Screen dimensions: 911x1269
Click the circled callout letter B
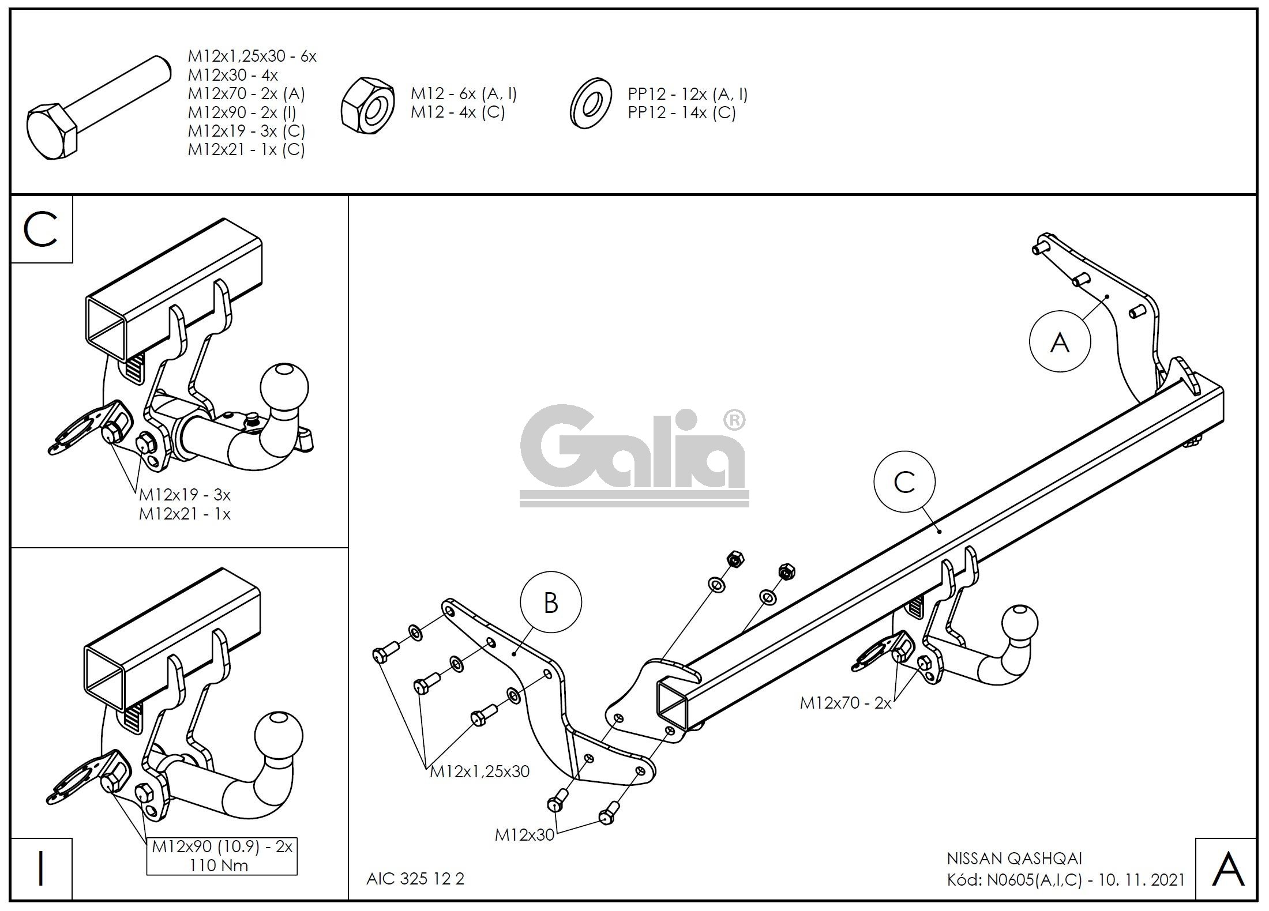(x=551, y=603)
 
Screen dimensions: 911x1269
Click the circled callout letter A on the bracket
(x=1060, y=342)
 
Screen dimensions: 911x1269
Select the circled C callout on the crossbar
(x=904, y=481)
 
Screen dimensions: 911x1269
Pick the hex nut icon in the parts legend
(x=368, y=104)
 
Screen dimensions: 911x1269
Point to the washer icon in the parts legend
(x=590, y=104)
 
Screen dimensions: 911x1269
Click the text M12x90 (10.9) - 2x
(x=222, y=847)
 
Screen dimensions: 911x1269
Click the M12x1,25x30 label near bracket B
(x=480, y=771)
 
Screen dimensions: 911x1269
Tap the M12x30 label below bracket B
(x=524, y=834)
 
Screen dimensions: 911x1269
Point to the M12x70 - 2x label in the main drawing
(x=846, y=703)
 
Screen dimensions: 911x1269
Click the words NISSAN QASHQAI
(x=1015, y=859)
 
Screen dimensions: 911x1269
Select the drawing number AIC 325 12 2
(x=415, y=879)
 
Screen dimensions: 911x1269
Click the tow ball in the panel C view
(x=284, y=387)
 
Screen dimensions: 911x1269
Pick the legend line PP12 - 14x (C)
(x=682, y=112)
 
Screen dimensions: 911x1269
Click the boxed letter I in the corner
(x=41, y=869)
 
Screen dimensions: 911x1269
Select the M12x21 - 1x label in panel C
(x=185, y=514)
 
